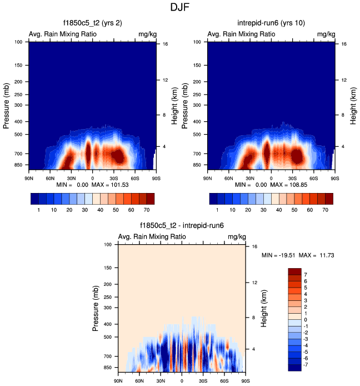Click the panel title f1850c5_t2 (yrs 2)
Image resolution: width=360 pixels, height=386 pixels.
coord(92,23)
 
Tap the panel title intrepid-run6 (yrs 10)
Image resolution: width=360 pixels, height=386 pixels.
coord(271,23)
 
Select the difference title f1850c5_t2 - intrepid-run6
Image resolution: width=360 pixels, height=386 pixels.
coord(181,226)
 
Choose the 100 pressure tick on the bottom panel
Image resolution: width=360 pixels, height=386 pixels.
coord(108,245)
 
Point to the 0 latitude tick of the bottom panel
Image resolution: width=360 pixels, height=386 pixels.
coord(182,380)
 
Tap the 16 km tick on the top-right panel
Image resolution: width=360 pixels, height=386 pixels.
coord(344,43)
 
